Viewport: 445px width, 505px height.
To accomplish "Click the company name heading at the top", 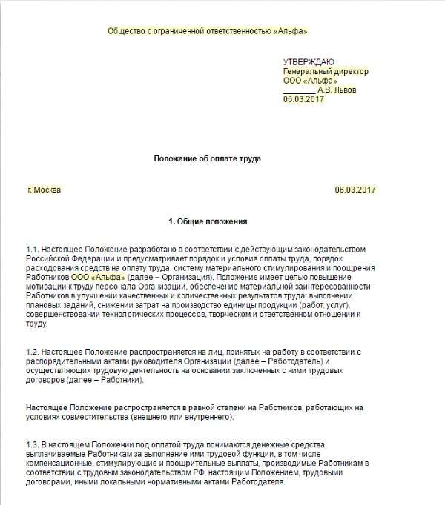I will click(207, 31).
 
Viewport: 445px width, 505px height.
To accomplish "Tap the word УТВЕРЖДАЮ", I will click(309, 61).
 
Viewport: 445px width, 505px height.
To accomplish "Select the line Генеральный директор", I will click(325, 71).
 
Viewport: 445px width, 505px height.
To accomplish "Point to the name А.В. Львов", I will click(339, 90).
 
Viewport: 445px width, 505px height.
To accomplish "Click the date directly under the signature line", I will click(303, 99).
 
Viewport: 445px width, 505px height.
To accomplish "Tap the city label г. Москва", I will click(44, 190).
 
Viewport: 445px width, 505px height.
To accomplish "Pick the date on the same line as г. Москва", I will click(355, 190).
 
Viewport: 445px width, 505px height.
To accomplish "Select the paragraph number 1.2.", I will click(32, 350).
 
